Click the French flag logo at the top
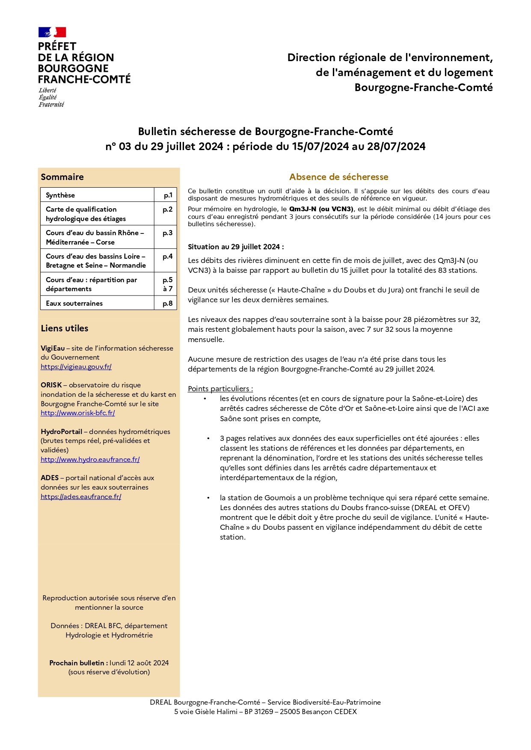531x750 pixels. [x=52, y=32]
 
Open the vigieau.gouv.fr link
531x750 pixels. [x=76, y=366]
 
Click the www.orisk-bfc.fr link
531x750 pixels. [x=78, y=413]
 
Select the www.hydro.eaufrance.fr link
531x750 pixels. [x=90, y=460]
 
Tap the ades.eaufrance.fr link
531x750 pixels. [x=81, y=497]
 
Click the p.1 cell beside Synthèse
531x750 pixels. [x=168, y=195]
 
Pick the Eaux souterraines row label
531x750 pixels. [x=74, y=303]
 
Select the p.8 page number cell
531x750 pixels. [x=167, y=303]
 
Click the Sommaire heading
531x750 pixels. [x=62, y=177]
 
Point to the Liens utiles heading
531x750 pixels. [x=65, y=328]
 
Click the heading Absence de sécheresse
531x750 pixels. [x=338, y=177]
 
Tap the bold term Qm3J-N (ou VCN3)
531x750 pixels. [x=321, y=209]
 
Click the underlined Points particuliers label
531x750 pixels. [x=220, y=389]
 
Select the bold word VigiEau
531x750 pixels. [x=53, y=348]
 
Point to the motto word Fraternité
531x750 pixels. [x=51, y=104]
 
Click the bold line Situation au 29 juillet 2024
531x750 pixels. [x=236, y=247]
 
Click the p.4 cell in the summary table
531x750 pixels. [x=167, y=257]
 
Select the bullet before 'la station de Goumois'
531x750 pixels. [x=208, y=498]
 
